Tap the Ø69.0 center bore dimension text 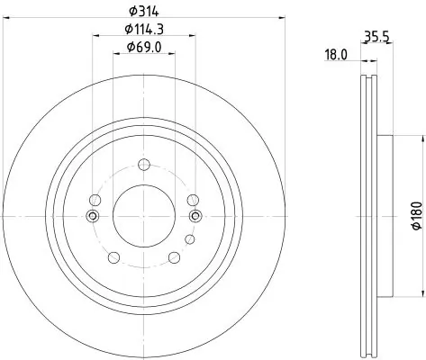144,47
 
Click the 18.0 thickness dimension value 336,55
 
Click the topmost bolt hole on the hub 143,164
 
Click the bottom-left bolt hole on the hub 113,258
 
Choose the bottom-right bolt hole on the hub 175,258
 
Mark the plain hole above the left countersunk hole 94,200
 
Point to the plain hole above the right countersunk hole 192,200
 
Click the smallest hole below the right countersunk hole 188,239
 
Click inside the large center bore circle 143,216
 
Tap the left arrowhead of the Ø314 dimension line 6,17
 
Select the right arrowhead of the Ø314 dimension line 280,17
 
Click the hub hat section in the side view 385,216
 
